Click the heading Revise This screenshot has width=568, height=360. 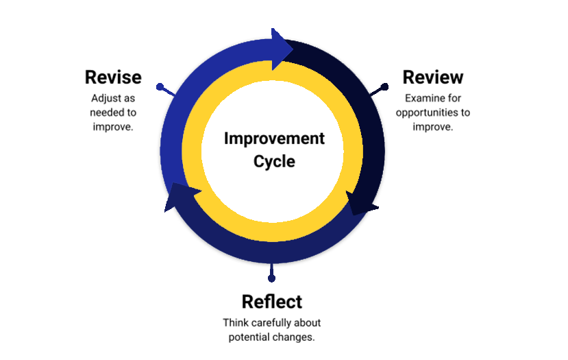click(x=113, y=77)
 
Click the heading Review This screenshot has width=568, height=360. click(x=433, y=77)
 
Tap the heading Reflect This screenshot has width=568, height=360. click(x=272, y=302)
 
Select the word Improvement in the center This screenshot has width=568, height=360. click(x=274, y=139)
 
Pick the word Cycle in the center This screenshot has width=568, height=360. click(x=274, y=161)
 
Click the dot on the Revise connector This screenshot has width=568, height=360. click(x=160, y=86)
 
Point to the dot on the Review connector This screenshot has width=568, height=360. click(x=384, y=86)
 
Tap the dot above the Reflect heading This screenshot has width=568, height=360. click(x=272, y=278)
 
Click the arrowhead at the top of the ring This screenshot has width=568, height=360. click(x=281, y=49)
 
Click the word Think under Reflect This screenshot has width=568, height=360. click(x=234, y=323)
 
